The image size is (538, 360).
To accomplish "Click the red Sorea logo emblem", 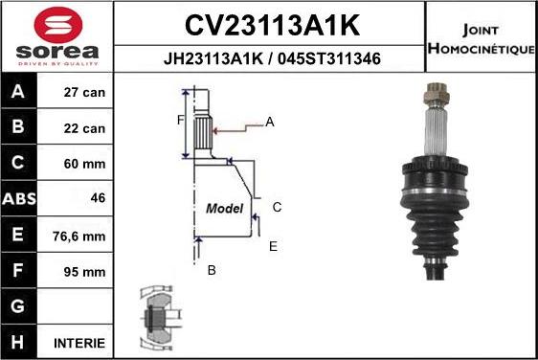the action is pos(58,24).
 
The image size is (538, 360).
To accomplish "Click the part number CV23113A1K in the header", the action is pos(273,25).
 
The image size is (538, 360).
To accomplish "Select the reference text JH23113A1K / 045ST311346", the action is pos(272,58).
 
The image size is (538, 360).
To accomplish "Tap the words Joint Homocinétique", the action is pos(482,39).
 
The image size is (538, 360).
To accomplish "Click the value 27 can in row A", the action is pos(84,92).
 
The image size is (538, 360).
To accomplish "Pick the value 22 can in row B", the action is pos(84,128).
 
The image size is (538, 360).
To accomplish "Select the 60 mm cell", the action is pos(84,164).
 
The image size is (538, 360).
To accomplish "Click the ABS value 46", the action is pos(99,198).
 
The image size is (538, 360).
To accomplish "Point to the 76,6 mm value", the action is pos(78,236).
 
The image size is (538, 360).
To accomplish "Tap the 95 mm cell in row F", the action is pos(84,272).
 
